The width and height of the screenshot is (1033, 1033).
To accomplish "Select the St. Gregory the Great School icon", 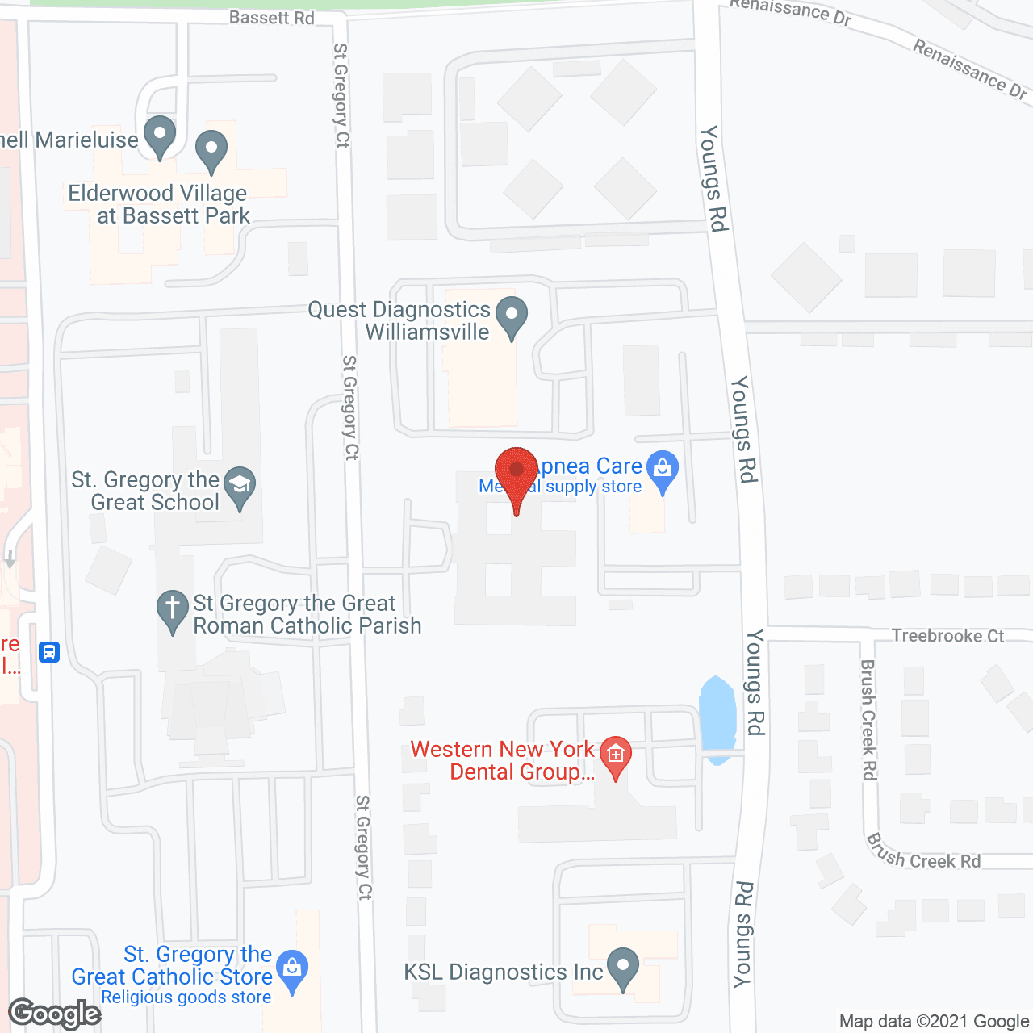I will (x=240, y=487).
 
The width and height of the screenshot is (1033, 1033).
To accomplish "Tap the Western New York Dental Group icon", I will (x=616, y=756).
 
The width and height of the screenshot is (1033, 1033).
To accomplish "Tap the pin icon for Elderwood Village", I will (x=211, y=151).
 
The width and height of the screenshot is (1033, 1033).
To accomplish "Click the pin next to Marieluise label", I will (x=160, y=136).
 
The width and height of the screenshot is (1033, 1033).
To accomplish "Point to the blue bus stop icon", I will (x=49, y=651).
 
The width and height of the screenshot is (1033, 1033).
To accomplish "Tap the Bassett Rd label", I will (x=271, y=18).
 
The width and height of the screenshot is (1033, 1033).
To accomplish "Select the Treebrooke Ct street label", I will (x=947, y=636).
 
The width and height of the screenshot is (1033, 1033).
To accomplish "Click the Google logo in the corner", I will (x=55, y=1014).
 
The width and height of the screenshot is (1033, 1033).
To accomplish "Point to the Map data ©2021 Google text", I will (x=935, y=1022).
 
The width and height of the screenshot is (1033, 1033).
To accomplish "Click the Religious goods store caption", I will (x=186, y=997).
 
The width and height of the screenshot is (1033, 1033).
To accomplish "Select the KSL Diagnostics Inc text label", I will (x=503, y=972).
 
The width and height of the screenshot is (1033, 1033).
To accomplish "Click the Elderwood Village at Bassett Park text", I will (x=159, y=204).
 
